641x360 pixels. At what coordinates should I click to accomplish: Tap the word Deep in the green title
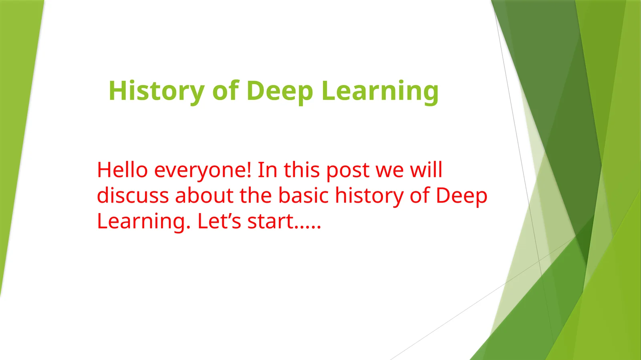pos(279,91)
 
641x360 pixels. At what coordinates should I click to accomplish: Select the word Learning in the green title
pos(380,91)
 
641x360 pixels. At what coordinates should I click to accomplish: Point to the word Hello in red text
pos(122,170)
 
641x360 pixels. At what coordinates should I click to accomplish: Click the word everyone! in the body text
pos(203,171)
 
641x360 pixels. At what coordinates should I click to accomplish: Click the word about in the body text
pos(204,195)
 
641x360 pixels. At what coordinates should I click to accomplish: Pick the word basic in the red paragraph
pos(303,195)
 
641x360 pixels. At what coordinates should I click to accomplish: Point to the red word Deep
pos(461,196)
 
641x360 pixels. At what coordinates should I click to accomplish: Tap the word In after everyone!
pos(267,170)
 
